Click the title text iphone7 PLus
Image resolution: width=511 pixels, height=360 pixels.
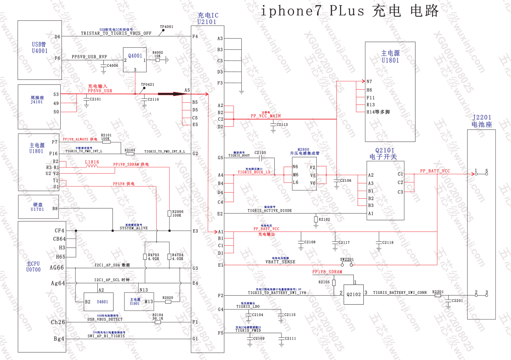[312, 11]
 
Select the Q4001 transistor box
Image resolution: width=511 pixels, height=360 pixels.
[135, 60]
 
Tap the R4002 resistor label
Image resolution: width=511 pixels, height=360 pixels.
[158, 52]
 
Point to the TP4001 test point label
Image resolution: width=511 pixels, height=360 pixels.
[167, 27]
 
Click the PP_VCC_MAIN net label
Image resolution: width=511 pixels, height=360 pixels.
[266, 116]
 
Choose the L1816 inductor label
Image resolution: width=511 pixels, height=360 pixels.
[92, 162]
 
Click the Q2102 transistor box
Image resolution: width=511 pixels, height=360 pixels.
[354, 295]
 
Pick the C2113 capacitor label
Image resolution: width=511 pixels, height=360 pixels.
[282, 125]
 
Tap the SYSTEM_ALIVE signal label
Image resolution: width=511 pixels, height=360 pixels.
[134, 228]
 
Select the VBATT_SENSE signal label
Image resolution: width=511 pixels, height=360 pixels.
[280, 262]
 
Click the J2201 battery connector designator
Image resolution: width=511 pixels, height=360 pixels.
[482, 117]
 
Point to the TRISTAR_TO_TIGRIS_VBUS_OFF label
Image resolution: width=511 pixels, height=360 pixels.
[116, 33]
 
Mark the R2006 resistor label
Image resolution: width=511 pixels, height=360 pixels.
[178, 212]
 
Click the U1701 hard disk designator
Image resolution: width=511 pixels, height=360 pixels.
[37, 209]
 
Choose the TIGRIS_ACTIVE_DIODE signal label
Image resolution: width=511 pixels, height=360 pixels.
[270, 211]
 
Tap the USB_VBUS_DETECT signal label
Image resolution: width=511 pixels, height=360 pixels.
[105, 319]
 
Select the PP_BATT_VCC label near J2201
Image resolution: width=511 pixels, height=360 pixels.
[435, 171]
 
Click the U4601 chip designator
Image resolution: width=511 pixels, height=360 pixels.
[102, 302]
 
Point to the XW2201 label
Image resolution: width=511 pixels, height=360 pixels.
[347, 259]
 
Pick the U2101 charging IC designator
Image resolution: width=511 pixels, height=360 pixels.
[207, 22]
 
